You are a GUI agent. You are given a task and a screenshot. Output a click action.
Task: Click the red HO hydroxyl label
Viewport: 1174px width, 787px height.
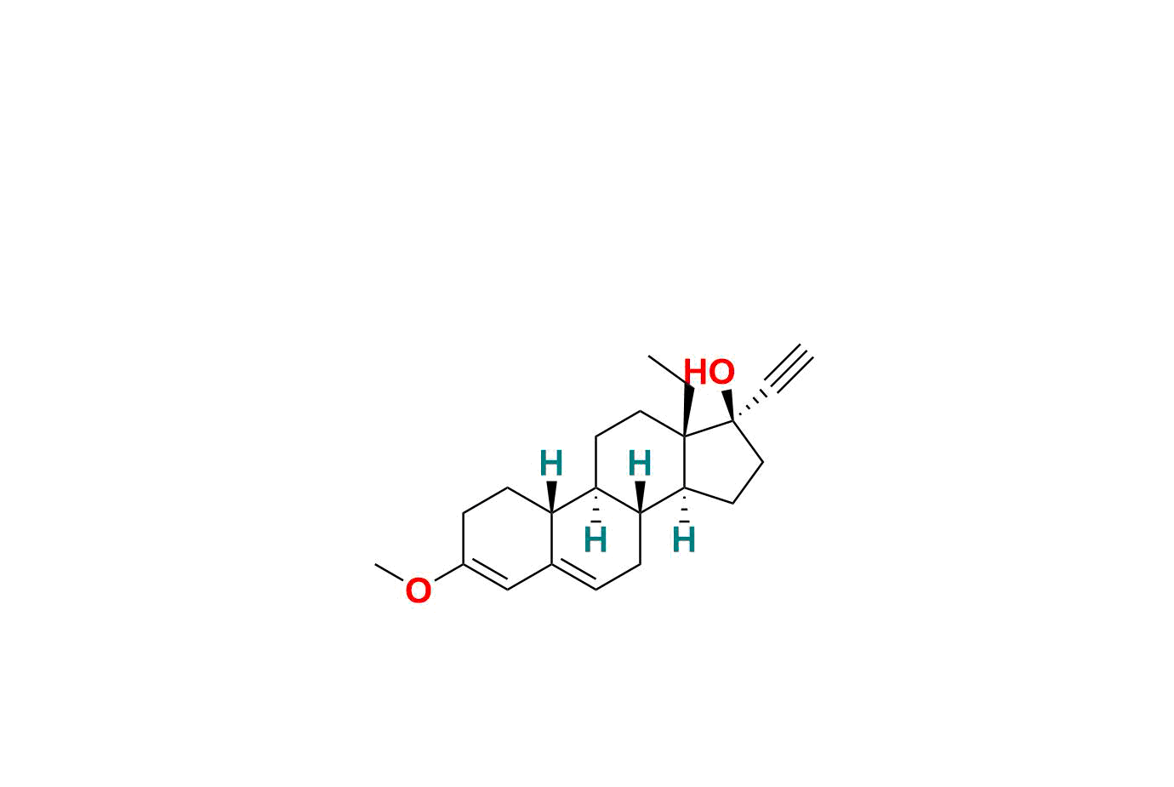[x=710, y=372]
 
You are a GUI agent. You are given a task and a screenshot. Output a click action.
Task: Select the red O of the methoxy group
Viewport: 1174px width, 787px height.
[x=419, y=591]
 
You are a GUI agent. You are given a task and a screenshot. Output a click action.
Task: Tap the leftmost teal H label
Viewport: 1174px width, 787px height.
[x=551, y=463]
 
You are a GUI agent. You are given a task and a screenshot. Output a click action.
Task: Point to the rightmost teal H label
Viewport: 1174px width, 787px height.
[x=684, y=540]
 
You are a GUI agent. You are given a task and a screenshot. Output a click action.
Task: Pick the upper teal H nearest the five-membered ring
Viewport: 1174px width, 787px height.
[x=640, y=463]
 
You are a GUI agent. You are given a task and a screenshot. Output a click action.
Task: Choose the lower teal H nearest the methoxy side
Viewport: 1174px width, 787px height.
[x=596, y=540]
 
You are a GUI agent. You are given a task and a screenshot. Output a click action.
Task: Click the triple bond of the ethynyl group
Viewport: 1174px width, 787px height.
[x=789, y=368]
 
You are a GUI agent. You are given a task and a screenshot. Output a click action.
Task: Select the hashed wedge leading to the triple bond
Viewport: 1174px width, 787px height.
[x=749, y=407]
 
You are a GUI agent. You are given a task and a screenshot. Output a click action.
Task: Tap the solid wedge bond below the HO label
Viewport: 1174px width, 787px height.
[x=728, y=405]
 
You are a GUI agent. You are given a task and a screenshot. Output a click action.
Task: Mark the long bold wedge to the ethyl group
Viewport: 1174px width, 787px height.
[x=687, y=411]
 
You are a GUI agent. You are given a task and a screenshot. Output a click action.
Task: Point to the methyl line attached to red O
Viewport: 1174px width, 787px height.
[x=390, y=572]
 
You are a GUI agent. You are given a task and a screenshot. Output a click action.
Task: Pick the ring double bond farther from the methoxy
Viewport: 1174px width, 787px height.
[x=574, y=576]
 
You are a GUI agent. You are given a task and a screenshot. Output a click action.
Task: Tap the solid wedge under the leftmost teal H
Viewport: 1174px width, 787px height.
[x=551, y=497]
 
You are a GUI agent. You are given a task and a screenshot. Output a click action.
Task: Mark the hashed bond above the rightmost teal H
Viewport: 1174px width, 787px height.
[x=684, y=505]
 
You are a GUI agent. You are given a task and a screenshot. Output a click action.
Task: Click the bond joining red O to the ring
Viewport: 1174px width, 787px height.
[x=449, y=572]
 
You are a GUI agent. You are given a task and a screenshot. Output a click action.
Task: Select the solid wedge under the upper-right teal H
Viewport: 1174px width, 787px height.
[x=640, y=497]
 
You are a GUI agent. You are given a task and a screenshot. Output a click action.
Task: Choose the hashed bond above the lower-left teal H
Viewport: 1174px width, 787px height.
[x=596, y=505]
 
